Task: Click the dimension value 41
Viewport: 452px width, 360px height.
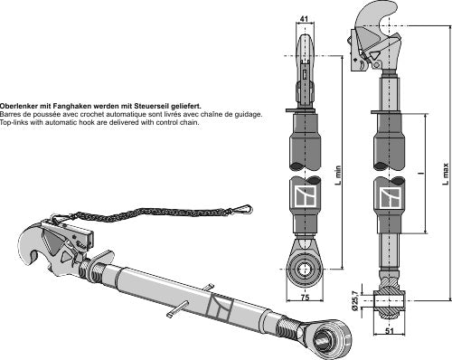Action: pyautogui.click(x=303, y=16)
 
